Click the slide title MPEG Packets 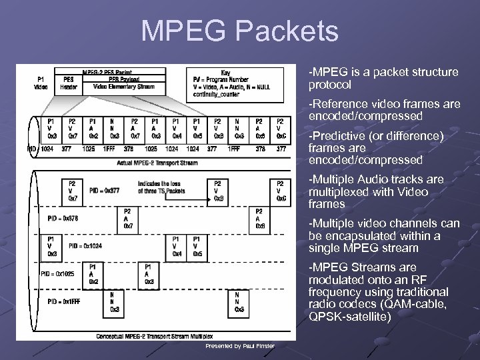pyautogui.click(x=239, y=31)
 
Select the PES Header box pyautogui.click(x=69, y=81)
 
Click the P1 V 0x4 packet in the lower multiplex pyautogui.click(x=175, y=245)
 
